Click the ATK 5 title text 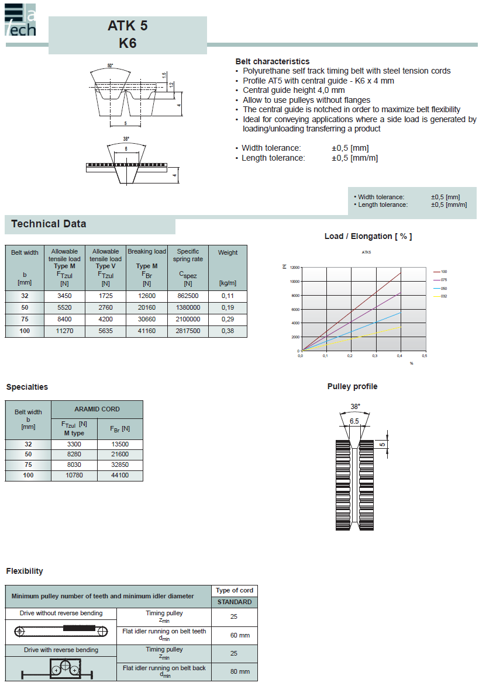click(127, 26)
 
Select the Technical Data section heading click(49, 224)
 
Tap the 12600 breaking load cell click(146, 296)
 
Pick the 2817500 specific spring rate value click(188, 331)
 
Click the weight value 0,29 click(228, 320)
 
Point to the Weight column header click(228, 253)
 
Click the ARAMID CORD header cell click(97, 409)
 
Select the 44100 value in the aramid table click(120, 476)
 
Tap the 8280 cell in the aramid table click(74, 455)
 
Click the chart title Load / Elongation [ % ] click(368, 236)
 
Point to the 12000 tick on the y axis click(294, 267)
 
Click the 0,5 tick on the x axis click(425, 355)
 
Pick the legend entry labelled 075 click(444, 280)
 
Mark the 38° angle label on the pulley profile click(355, 406)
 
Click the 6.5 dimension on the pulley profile click(354, 421)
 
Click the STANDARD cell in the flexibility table click(235, 602)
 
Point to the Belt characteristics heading click(273, 61)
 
